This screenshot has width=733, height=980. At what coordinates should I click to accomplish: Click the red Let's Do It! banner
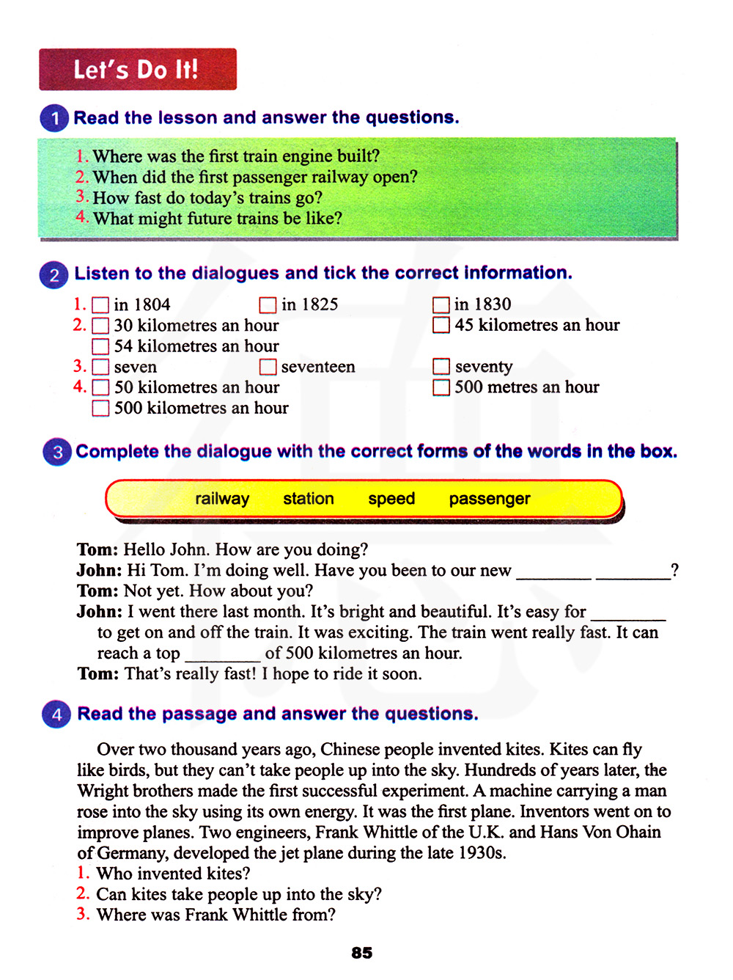coord(138,70)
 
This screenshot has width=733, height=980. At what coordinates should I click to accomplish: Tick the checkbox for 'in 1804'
coord(101,305)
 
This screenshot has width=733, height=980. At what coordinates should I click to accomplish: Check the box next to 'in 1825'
coord(268,305)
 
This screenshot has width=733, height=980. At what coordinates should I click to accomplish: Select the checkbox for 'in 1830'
coord(441,305)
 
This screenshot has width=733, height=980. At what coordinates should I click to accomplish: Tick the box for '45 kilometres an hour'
coord(441,325)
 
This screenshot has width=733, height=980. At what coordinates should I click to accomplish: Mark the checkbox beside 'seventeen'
coord(268,367)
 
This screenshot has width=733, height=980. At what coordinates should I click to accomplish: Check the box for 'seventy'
coord(441,367)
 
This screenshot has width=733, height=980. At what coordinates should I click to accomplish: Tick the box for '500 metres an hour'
coord(441,387)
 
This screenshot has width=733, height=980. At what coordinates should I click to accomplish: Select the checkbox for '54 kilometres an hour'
coord(101,346)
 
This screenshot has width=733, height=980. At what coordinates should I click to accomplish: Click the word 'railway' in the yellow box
coord(222,499)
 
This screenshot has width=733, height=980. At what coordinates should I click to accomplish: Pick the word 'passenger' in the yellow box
coord(490,499)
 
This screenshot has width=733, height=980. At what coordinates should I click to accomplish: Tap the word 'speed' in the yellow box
coord(391,499)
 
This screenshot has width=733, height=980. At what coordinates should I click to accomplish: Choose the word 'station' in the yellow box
coord(309,499)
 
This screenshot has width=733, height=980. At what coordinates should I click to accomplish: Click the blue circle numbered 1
coord(55,118)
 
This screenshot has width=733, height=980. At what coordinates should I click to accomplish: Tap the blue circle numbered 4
coord(57,714)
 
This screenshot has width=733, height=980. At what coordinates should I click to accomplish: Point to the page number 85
coord(362,953)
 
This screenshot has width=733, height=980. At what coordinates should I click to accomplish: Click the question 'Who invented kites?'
coord(173,874)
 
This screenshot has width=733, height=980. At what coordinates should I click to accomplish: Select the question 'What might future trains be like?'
coord(217,219)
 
